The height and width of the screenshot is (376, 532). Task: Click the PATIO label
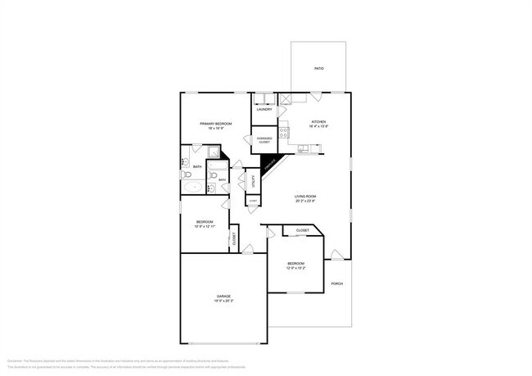tap(318, 68)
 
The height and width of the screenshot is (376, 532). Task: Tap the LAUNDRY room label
tap(264, 109)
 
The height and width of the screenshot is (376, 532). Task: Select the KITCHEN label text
tap(318, 121)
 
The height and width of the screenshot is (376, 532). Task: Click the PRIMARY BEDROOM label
tap(216, 123)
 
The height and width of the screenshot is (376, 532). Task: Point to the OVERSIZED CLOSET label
tap(264, 140)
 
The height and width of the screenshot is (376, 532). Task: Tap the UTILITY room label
tap(255, 180)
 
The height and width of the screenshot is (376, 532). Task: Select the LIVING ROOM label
tap(305, 196)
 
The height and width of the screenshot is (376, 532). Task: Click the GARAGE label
tap(223, 296)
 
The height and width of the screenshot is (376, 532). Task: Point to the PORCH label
tap(336, 283)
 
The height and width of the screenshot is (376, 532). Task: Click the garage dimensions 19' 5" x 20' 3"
tap(223, 301)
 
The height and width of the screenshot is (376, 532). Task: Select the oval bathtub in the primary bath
tap(193, 188)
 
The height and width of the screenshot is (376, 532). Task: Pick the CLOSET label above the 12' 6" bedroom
tap(302, 231)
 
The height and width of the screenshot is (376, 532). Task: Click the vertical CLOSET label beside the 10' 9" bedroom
tap(235, 239)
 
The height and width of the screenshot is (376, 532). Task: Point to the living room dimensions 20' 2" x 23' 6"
tap(305, 201)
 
